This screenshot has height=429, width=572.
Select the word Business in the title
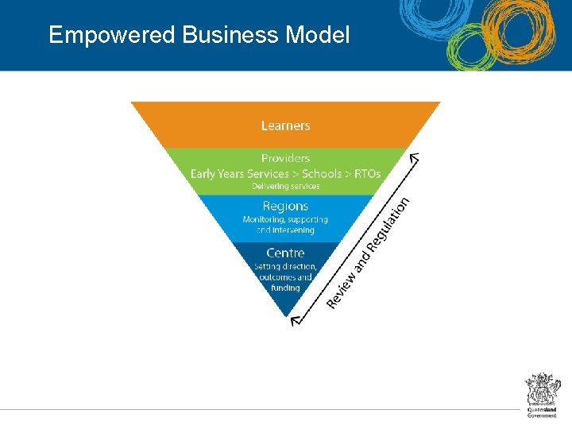[230, 35]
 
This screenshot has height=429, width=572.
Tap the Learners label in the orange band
[285, 126]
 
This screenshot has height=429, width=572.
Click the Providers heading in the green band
[285, 158]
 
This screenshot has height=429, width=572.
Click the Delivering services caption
[285, 187]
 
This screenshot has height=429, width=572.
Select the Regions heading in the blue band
[285, 206]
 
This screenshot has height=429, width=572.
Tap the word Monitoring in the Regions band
[264, 219]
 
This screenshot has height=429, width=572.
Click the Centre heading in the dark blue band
[285, 253]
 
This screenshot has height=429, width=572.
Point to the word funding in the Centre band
[285, 288]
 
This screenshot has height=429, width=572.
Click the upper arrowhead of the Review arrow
[414, 157]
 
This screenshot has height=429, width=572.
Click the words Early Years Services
[239, 173]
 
